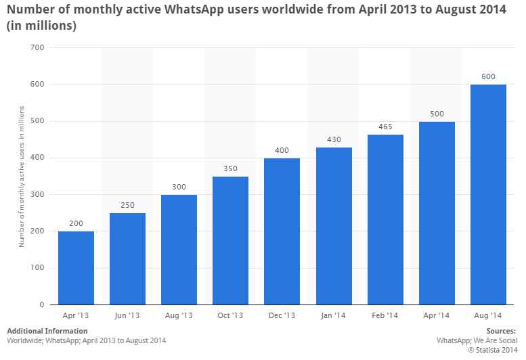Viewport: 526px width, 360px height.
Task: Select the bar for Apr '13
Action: (76, 267)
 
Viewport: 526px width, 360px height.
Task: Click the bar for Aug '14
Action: (488, 194)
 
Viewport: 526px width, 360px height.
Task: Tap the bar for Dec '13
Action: (282, 231)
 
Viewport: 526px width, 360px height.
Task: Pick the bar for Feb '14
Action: (385, 219)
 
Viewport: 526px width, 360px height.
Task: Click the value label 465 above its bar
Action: (385, 127)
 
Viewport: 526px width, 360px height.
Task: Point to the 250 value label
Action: (127, 205)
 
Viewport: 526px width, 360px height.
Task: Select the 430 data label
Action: (334, 139)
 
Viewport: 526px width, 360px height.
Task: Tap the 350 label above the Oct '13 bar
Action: (230, 168)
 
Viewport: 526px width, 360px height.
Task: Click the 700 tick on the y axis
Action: (37, 47)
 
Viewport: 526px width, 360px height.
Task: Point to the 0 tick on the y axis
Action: (42, 305)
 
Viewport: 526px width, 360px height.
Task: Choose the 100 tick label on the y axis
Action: (37, 268)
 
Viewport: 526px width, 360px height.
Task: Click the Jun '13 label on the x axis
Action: (127, 315)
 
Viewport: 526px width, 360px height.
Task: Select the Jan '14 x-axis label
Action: (334, 315)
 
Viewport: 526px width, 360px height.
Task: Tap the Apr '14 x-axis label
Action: (437, 315)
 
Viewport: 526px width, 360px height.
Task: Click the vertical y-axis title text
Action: (22, 176)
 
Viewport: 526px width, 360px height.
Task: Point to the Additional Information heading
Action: (47, 331)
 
